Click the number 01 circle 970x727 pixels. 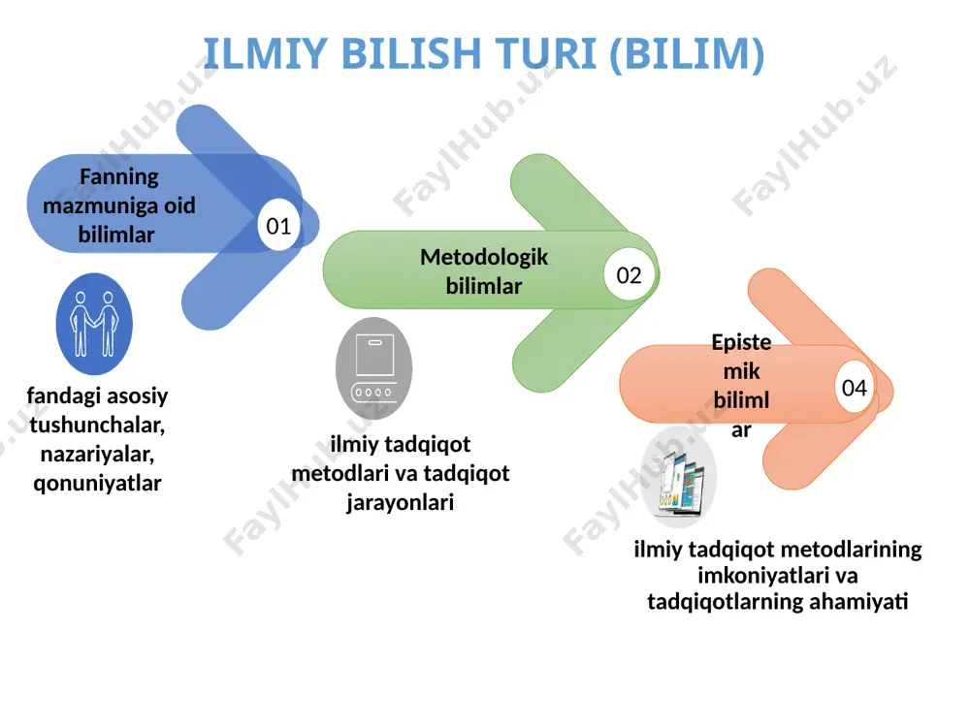point(278,226)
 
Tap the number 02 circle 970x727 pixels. point(630,275)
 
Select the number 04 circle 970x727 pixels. point(855,388)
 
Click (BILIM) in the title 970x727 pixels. point(688,54)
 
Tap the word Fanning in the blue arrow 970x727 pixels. point(118,177)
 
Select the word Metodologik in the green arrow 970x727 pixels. point(484,257)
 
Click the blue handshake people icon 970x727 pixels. point(94,324)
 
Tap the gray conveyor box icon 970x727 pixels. point(373,368)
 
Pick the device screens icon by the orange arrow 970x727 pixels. point(680,477)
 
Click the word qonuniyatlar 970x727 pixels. point(97,483)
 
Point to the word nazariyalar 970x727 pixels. point(97,455)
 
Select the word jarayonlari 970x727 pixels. point(401,502)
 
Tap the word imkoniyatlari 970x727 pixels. point(758,576)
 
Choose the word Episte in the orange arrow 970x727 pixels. point(741,342)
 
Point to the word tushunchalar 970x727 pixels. point(97,426)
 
